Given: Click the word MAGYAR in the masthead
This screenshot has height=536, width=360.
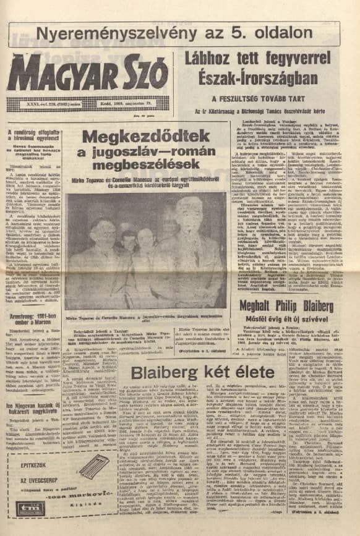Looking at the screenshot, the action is tap(59, 74).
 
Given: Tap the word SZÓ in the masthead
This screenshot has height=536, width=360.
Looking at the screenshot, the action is tap(144, 74).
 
